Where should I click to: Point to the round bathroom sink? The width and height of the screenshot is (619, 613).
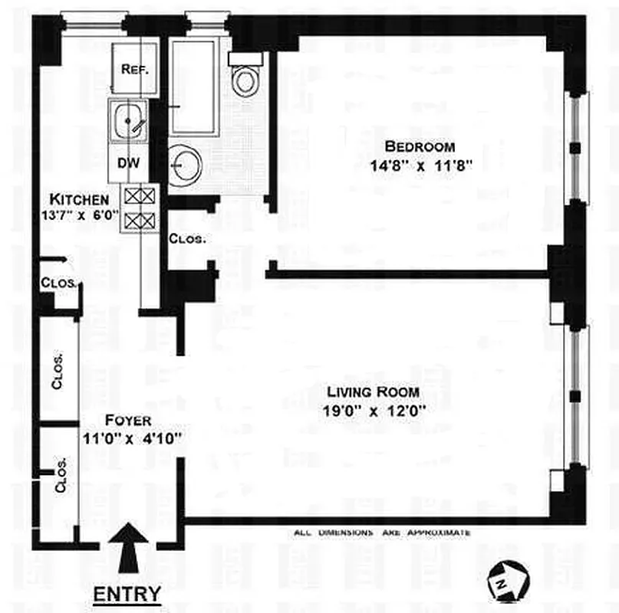pos(184,163)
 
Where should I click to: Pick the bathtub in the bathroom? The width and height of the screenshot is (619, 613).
pos(193,87)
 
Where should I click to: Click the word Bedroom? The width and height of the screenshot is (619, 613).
pos(420,146)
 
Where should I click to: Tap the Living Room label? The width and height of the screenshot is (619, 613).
pos(374,393)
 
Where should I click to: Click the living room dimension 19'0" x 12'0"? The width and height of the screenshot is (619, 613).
pos(374,411)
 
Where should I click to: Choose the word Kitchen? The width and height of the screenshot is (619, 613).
pos(74,198)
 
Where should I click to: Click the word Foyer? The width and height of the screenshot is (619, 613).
pos(128,421)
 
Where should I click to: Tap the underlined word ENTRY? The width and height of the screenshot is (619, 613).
pos(127,593)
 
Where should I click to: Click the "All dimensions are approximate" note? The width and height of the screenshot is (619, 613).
pos(382,533)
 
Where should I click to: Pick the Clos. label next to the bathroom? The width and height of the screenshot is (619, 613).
pos(187,238)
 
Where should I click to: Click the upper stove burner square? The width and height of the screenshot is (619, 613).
pos(140,195)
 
